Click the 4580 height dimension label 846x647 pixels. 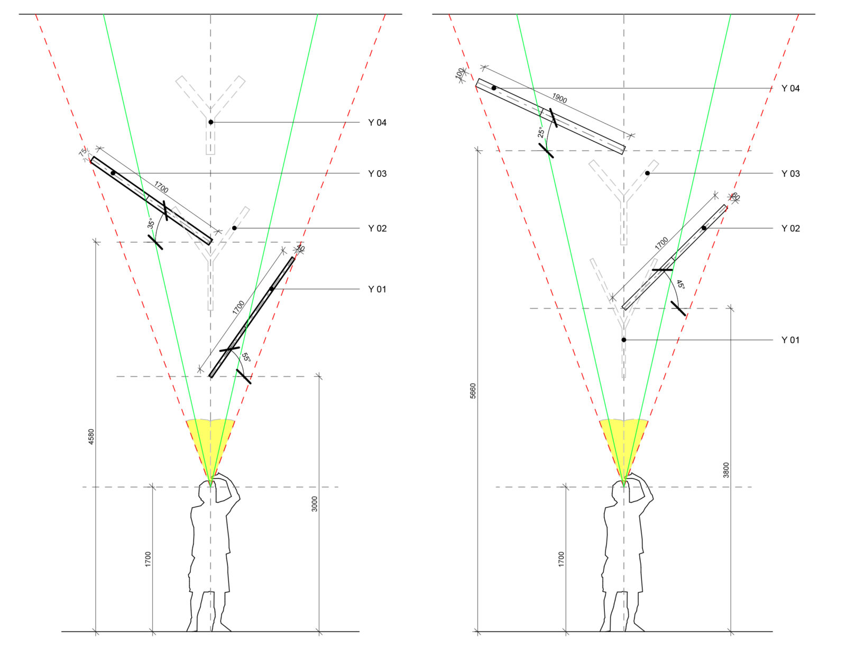[x=91, y=436]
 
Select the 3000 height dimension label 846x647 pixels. [x=315, y=504]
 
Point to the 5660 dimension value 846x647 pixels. [x=473, y=391]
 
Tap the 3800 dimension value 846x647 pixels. [x=726, y=470]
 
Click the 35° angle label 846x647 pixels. [x=151, y=223]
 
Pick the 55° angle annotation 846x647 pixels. [x=246, y=358]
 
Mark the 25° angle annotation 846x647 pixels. [x=541, y=132]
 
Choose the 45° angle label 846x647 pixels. [x=681, y=285]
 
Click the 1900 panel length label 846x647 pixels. [x=559, y=98]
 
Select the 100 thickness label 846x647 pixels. [x=459, y=72]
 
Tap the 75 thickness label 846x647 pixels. [x=83, y=152]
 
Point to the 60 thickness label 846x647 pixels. [x=735, y=197]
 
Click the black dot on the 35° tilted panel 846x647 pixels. [x=113, y=173]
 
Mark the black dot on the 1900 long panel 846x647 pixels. [x=494, y=88]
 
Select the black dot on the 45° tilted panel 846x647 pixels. [x=704, y=228]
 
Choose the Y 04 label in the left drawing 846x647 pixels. [x=377, y=123]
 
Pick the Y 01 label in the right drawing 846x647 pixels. [x=790, y=340]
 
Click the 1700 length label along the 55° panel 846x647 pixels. [x=238, y=307]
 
